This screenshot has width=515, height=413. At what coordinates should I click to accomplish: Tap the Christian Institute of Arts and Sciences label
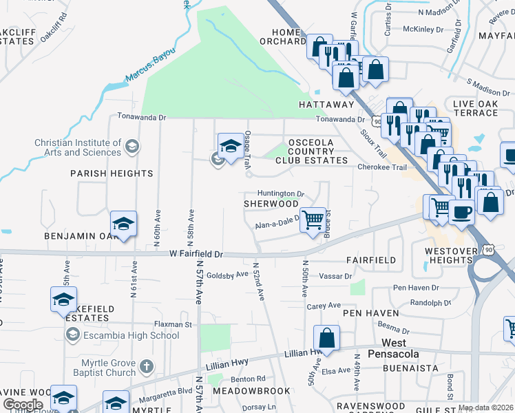78,147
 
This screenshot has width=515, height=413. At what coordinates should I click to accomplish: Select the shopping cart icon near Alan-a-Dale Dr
313,220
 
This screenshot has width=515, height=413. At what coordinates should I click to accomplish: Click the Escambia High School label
131,335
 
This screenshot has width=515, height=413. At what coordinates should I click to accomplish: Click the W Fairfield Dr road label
197,254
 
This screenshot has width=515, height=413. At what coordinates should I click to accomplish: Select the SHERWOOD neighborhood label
271,204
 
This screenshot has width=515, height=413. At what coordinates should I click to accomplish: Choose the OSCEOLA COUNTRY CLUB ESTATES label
311,151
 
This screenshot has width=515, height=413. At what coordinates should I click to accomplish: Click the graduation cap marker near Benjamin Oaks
123,224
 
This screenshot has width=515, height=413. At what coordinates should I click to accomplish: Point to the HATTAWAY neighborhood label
326,105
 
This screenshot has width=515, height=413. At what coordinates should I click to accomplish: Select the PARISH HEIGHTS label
112,173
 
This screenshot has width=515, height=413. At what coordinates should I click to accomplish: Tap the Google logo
23,404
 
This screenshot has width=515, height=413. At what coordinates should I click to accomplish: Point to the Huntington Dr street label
281,194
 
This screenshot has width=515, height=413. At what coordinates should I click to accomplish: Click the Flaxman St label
172,324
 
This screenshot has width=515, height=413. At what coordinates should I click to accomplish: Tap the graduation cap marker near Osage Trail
231,146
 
